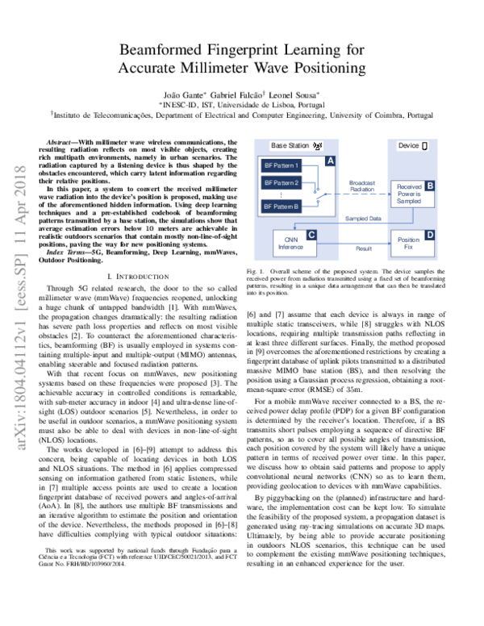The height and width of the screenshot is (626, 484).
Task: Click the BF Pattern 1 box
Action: pos(282,166)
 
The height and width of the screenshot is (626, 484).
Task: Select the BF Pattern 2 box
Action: pos(282,183)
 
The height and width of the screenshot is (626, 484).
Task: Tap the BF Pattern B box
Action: pos(282,207)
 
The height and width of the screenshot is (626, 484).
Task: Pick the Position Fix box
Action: pos(409,241)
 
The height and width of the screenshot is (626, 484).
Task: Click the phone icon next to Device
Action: pos(425,145)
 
